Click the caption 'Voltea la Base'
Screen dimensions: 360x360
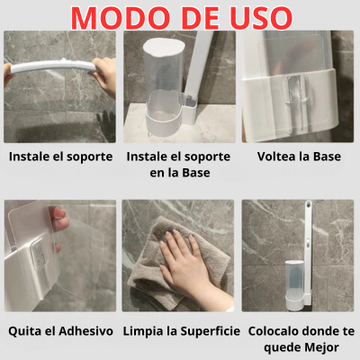tap(299, 157)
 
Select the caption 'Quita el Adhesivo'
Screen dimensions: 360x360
tap(60, 331)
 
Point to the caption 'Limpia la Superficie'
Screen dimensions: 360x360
tap(182, 331)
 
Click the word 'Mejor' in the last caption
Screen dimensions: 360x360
tap(320, 348)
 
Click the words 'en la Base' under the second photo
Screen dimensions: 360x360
tap(180, 173)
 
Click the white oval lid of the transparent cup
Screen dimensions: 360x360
tap(164, 47)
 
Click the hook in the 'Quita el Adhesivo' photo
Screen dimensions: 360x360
tap(39, 253)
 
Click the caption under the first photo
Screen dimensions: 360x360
tap(60, 157)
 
